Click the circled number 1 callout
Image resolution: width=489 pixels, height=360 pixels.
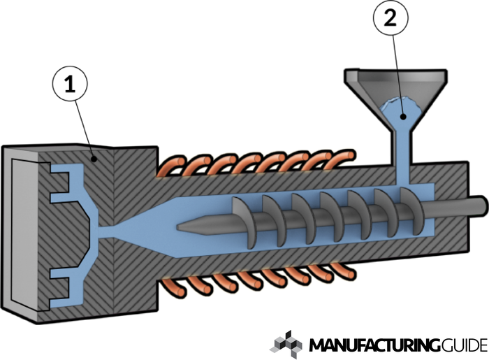(x=70, y=85)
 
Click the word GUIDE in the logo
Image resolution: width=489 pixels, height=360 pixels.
(x=464, y=345)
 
